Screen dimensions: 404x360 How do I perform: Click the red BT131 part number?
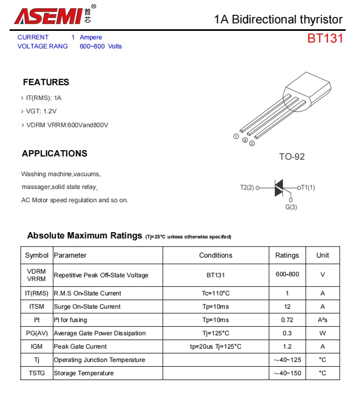(325, 39)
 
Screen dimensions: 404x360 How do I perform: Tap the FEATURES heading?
(46, 82)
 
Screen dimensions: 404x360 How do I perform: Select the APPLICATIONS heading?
(54, 153)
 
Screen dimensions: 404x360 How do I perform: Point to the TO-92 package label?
(292, 156)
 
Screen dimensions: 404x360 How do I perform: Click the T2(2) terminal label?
(248, 187)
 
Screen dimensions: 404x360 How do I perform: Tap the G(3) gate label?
(291, 207)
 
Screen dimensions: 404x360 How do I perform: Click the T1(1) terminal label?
(307, 187)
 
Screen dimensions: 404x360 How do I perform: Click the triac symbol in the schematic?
(279, 187)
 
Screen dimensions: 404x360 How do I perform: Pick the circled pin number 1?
(236, 136)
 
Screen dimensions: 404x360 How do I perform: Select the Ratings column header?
(287, 255)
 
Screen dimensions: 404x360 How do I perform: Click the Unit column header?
(323, 255)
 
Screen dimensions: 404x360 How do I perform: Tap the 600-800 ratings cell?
(287, 275)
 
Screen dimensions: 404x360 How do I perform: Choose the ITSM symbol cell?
(37, 307)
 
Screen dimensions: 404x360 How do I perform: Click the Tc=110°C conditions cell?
(216, 293)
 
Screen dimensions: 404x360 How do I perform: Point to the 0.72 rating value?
(287, 320)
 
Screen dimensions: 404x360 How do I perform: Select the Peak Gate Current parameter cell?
(80, 347)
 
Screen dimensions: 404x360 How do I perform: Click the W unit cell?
(323, 333)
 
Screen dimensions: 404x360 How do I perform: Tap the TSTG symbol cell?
(37, 373)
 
